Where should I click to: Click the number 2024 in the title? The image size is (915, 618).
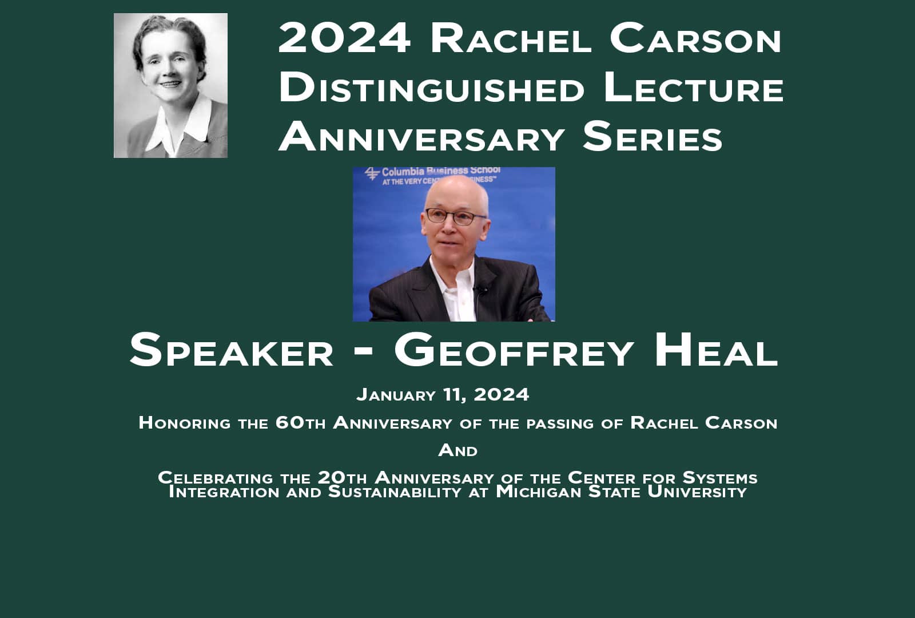pyautogui.click(x=344, y=38)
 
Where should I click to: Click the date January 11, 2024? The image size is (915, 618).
pyautogui.click(x=443, y=394)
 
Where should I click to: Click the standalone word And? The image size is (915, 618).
pyautogui.click(x=457, y=450)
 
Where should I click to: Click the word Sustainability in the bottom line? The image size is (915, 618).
pyautogui.click(x=395, y=492)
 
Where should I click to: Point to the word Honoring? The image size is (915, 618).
pyautogui.click(x=185, y=423)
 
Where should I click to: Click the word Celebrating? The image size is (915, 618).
pyautogui.click(x=216, y=477)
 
